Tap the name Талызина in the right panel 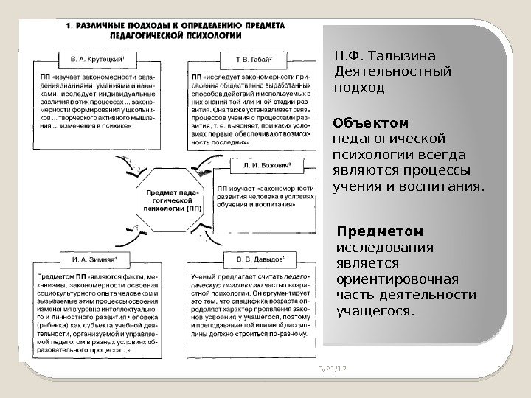coord(406,56)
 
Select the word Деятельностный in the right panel coord(392,72)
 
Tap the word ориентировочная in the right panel coord(397,279)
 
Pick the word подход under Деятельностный coord(359,88)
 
